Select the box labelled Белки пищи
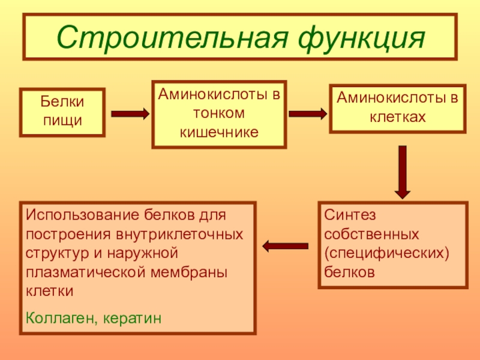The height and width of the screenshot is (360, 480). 62,112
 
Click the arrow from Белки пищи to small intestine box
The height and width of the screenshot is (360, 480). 130,113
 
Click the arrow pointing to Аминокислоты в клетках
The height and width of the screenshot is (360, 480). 308,113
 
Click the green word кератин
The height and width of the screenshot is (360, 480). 133,317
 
